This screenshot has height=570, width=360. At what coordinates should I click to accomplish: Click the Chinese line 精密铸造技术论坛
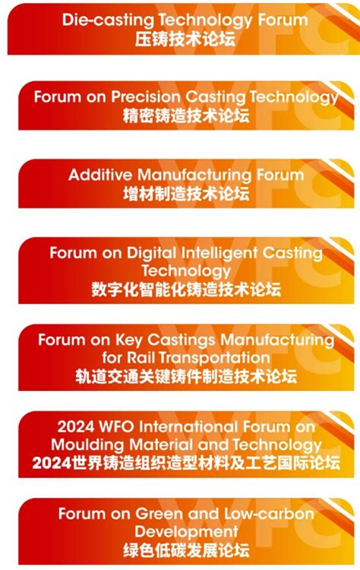click(186, 115)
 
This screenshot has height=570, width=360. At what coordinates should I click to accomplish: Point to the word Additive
click(100, 175)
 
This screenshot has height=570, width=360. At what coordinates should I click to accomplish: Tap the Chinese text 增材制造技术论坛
click(186, 194)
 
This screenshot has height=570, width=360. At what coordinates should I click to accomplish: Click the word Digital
click(152, 253)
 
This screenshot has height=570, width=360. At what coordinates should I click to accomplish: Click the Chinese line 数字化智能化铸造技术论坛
click(186, 290)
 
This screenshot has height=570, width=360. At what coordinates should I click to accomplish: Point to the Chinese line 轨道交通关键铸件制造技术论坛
click(186, 376)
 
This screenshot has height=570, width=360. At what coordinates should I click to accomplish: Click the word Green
click(160, 514)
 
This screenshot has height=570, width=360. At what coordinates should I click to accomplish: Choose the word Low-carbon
click(269, 514)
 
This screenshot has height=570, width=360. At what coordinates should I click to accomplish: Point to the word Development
click(186, 532)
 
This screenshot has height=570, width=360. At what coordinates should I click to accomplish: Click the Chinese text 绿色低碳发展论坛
click(186, 550)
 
